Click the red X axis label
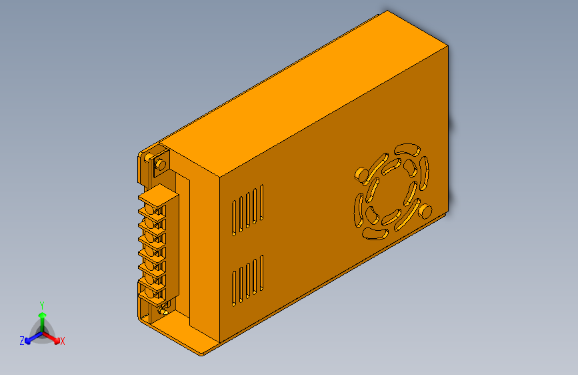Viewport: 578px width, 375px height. (63, 341)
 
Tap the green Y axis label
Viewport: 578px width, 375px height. (42, 304)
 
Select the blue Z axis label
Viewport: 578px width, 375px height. (22, 340)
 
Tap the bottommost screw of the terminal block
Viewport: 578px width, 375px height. (159, 292)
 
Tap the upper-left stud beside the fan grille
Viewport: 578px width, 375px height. (361, 174)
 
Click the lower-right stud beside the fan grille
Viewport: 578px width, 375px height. (423, 212)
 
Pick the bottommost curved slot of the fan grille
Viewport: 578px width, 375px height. (376, 233)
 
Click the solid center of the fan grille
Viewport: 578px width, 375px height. (391, 191)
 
